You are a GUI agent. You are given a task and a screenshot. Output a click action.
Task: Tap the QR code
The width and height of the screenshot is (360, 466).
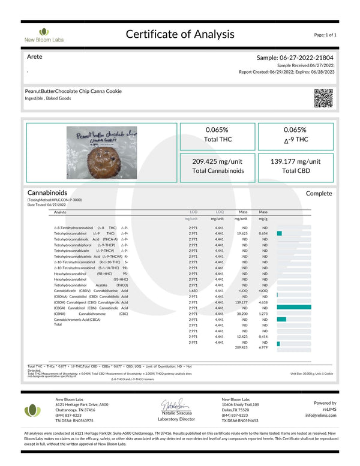(x=323, y=97)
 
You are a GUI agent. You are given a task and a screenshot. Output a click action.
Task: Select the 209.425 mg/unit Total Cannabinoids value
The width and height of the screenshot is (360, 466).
(x=217, y=161)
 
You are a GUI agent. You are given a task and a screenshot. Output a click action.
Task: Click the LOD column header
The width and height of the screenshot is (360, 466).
(x=193, y=212)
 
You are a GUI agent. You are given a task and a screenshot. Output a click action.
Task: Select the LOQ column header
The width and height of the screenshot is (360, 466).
(x=220, y=212)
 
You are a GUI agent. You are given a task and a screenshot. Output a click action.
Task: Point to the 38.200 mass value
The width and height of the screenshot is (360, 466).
(x=243, y=313)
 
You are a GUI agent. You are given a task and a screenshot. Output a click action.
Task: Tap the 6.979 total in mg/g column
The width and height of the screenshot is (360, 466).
(x=263, y=347)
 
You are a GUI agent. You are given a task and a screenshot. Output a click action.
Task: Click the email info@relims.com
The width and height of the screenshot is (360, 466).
(x=320, y=415)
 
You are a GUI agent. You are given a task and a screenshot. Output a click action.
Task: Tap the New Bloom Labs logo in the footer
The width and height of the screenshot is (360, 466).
(x=34, y=411)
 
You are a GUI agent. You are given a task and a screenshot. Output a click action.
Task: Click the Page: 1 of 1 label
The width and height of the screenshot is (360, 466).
(x=325, y=35)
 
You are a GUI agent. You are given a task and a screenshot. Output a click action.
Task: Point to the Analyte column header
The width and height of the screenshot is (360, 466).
(x=61, y=212)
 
